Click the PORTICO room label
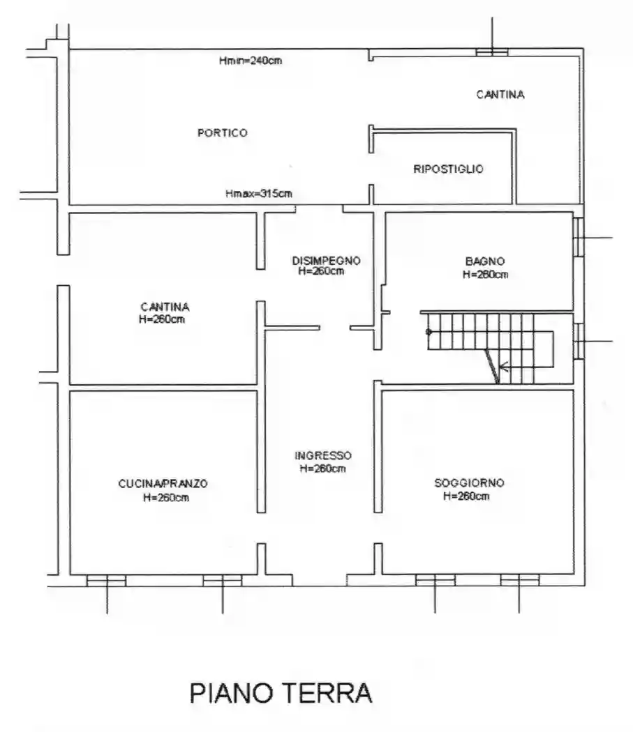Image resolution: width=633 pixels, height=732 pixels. tap(223, 133)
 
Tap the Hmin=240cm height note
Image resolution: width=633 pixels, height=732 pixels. tap(251, 60)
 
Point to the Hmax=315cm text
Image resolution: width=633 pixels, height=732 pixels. tap(258, 193)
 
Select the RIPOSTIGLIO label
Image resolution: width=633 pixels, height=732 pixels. tap(448, 169)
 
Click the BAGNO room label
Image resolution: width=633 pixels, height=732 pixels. tap(485, 261)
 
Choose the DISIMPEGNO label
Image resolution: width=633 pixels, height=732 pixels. tap(327, 261)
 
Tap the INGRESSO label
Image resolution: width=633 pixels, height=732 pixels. tap(323, 455)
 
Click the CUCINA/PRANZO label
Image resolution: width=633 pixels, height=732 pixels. tap(163, 484)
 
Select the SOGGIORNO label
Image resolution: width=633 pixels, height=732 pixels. tap(470, 482)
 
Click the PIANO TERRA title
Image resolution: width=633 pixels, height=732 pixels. tap(281, 693)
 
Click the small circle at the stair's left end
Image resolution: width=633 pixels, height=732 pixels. tap(429, 332)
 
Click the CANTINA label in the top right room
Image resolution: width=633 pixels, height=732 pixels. tap(500, 95)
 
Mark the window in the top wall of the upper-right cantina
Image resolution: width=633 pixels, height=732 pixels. tap(492, 52)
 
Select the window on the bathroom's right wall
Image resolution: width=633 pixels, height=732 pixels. tap(579, 237)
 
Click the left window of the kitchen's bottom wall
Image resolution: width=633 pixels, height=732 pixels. tap(107, 580)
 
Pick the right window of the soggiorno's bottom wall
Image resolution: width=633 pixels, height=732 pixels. tap(520, 580)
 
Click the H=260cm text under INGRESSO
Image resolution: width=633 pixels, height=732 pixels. tap(322, 468)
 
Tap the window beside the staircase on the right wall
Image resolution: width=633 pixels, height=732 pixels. tap(579, 342)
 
